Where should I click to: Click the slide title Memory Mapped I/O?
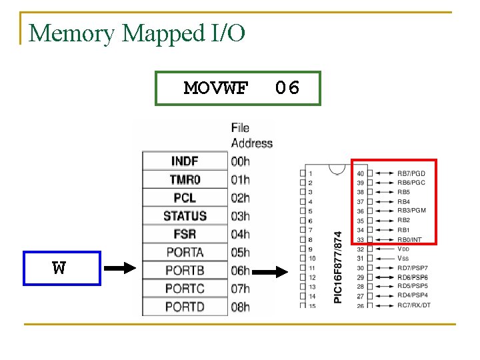pyautogui.click(x=137, y=33)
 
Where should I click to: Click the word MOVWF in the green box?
pyautogui.click(x=216, y=88)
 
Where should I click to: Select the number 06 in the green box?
pyautogui.click(x=287, y=88)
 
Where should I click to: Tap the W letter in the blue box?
pyautogui.click(x=60, y=269)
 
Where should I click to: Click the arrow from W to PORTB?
pyautogui.click(x=121, y=269)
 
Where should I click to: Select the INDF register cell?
pyautogui.click(x=184, y=161)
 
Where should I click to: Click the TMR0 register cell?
pyautogui.click(x=184, y=179)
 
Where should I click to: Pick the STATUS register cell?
pyautogui.click(x=184, y=216)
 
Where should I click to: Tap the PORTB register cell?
pyautogui.click(x=184, y=271)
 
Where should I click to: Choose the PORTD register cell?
pyautogui.click(x=184, y=307)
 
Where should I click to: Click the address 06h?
pyautogui.click(x=240, y=271)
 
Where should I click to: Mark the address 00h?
pyautogui.click(x=240, y=161)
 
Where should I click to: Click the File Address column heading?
pyautogui.click(x=251, y=135)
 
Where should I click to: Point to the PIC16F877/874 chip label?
pyautogui.click(x=338, y=267)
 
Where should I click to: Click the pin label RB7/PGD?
pyautogui.click(x=411, y=173)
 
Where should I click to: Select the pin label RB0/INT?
pyautogui.click(x=409, y=239)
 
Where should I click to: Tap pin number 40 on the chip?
pyautogui.click(x=361, y=173)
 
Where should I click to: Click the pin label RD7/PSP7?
pyautogui.click(x=412, y=268)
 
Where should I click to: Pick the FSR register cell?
pyautogui.click(x=184, y=234)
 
